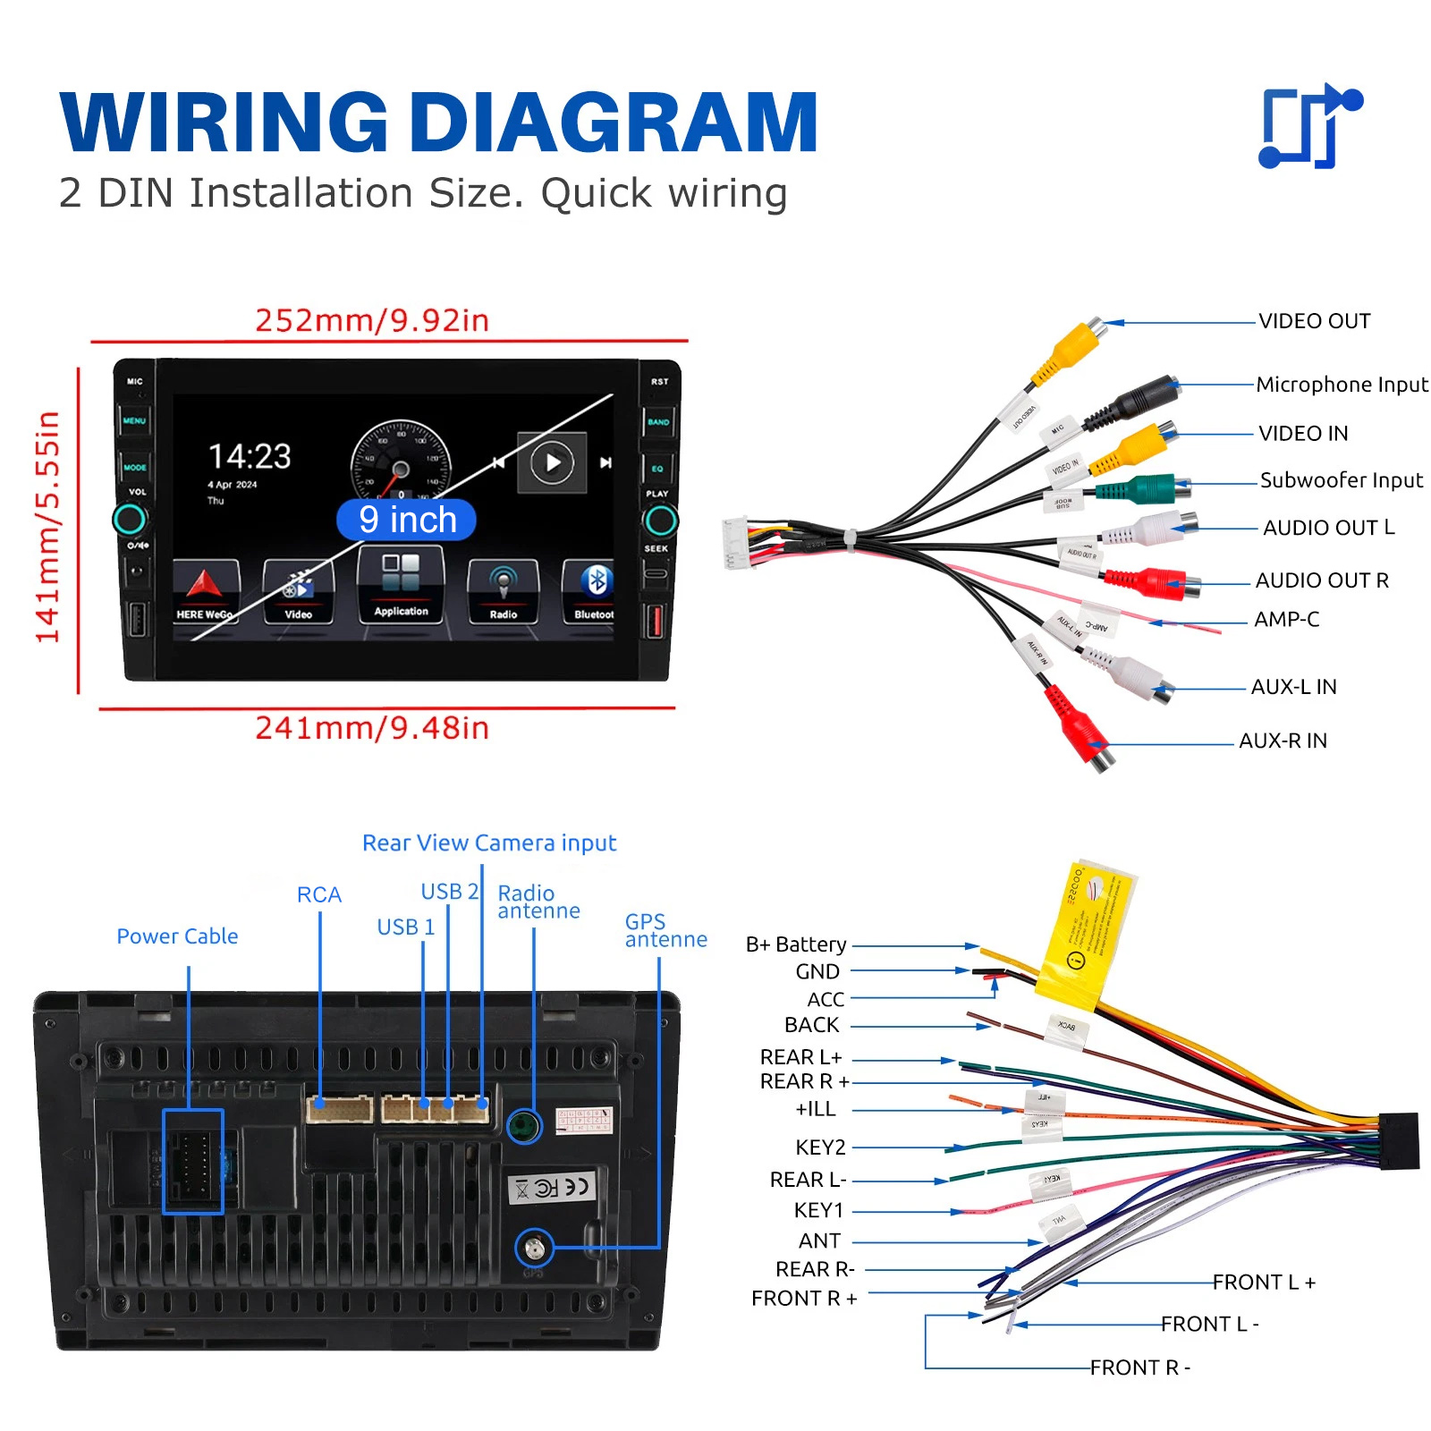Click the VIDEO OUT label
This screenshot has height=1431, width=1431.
(x=1314, y=321)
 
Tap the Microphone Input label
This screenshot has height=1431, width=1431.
(x=1342, y=385)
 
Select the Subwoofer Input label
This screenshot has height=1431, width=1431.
(x=1341, y=480)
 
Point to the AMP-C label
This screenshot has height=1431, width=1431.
(x=1286, y=619)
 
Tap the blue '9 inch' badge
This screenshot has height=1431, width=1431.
(x=407, y=520)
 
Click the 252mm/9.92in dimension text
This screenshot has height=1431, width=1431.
(x=372, y=320)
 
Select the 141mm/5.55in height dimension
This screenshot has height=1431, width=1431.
(x=47, y=527)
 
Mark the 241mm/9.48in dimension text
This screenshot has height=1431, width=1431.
(x=372, y=728)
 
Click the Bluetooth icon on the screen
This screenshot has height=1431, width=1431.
(x=596, y=582)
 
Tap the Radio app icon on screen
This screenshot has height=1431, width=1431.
(x=503, y=586)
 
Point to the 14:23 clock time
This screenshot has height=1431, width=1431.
(x=250, y=456)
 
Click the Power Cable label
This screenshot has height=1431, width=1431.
(x=177, y=936)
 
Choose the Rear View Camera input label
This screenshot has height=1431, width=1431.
(x=489, y=843)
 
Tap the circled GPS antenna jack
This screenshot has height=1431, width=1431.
(x=535, y=1247)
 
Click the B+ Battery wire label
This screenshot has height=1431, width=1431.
(x=796, y=944)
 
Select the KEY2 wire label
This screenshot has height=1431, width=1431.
(x=820, y=1147)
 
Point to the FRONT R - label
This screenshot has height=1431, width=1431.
(x=1139, y=1367)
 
